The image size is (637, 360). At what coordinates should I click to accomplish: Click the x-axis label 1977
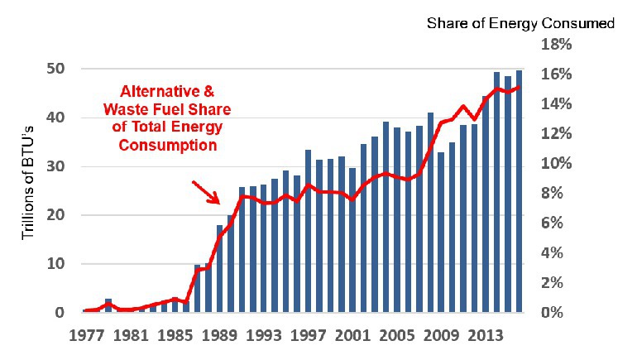85,337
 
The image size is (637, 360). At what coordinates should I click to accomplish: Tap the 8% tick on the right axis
553,194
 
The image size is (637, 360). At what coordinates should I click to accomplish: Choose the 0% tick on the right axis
553,313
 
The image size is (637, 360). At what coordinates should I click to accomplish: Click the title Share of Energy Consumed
520,23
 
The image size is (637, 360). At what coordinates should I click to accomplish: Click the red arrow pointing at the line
206,192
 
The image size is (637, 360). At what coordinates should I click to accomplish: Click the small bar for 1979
108,305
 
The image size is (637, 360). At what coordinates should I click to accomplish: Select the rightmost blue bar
519,192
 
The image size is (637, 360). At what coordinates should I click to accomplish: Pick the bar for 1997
308,232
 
